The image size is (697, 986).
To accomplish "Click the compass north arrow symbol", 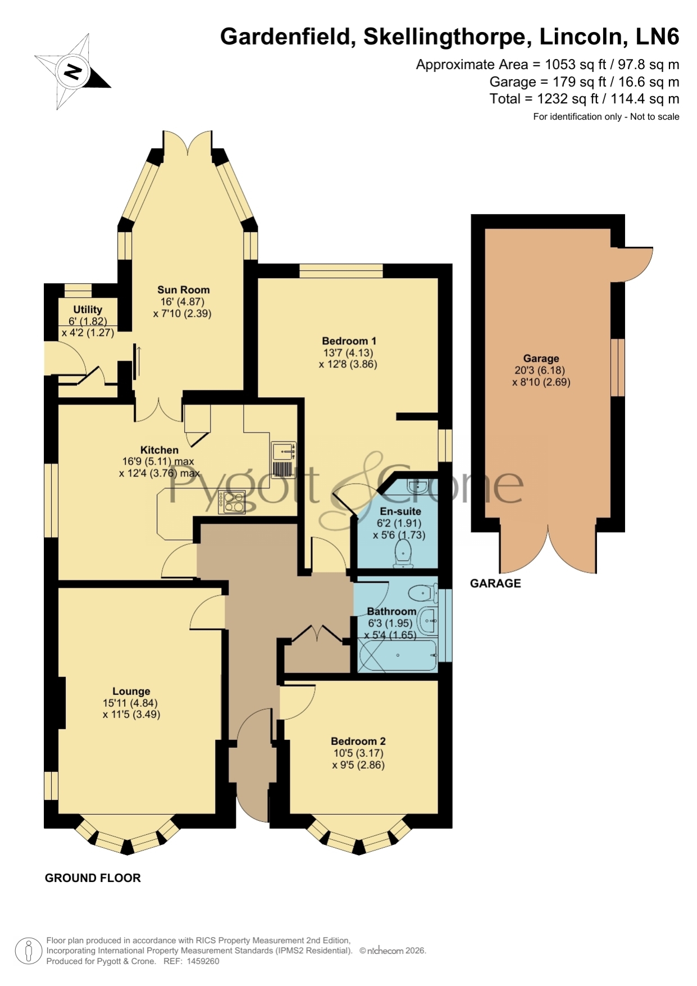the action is coord(73,72).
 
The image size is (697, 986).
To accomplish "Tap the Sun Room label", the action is coord(183,290).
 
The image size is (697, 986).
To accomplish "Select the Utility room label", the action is coord(88,310).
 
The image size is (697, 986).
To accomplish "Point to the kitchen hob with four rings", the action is coord(232,502).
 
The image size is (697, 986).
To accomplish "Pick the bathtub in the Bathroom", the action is coord(398,656).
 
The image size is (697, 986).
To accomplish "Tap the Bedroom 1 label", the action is coord(349,341).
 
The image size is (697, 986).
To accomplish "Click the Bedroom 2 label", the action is coord(358,741).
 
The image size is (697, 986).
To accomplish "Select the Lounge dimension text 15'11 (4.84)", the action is coord(130,703).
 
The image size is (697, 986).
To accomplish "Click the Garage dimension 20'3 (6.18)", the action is coord(540,370).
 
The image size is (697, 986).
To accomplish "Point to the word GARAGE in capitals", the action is coord(495,583).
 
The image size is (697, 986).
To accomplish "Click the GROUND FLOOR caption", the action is coord(93,878).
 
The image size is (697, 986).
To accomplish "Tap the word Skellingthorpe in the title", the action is coord(448,37).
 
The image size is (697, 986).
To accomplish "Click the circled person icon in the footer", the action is coord(28,951).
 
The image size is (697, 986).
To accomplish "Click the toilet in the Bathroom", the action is coord(423,593).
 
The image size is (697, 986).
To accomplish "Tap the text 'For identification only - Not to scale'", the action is coord(606,117).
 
